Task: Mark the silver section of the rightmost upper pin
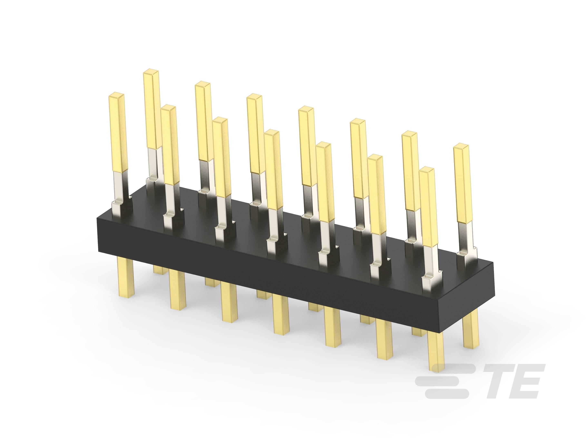point(465,234)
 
